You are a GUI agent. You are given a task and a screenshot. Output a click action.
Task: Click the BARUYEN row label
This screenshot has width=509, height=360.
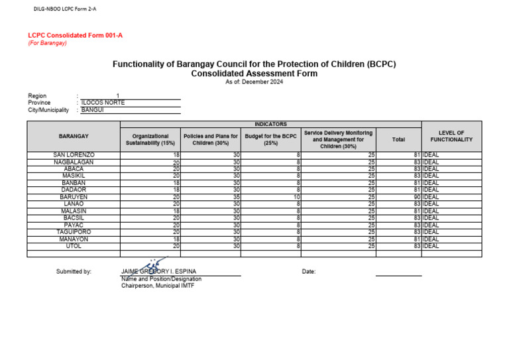tap(73, 197)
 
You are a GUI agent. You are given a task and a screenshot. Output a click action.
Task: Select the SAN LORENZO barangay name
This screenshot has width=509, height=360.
tap(73, 154)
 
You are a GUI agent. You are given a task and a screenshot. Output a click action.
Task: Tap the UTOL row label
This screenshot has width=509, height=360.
tap(73, 246)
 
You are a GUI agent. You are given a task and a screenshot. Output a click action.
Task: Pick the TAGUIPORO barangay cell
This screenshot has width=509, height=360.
tap(73, 232)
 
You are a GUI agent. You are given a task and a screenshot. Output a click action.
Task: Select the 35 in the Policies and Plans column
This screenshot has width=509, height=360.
tap(235, 197)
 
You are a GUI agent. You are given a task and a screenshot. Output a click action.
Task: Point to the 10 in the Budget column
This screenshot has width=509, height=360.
tap(297, 197)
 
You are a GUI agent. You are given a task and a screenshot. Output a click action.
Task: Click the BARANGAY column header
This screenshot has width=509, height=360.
tap(73, 136)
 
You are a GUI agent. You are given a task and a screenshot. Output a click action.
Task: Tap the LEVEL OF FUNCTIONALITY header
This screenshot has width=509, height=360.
tap(451, 136)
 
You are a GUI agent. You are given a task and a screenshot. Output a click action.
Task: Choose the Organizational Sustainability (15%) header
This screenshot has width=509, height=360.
tap(150, 139)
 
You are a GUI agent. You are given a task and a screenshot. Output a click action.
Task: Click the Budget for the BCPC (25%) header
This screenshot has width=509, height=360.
tap(270, 139)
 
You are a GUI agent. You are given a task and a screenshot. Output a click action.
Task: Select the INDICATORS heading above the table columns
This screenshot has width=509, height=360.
tap(270, 124)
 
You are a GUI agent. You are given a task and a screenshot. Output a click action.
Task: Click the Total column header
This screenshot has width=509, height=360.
tap(398, 139)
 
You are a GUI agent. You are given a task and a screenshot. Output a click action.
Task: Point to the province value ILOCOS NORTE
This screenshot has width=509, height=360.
tap(103, 103)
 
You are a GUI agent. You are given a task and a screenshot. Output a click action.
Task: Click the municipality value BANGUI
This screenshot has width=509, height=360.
tap(93, 110)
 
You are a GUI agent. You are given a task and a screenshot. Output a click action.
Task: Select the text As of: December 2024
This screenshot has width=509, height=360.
tap(254, 82)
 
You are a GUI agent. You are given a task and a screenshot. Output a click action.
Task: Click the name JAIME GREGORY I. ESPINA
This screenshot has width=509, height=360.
tap(158, 272)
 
